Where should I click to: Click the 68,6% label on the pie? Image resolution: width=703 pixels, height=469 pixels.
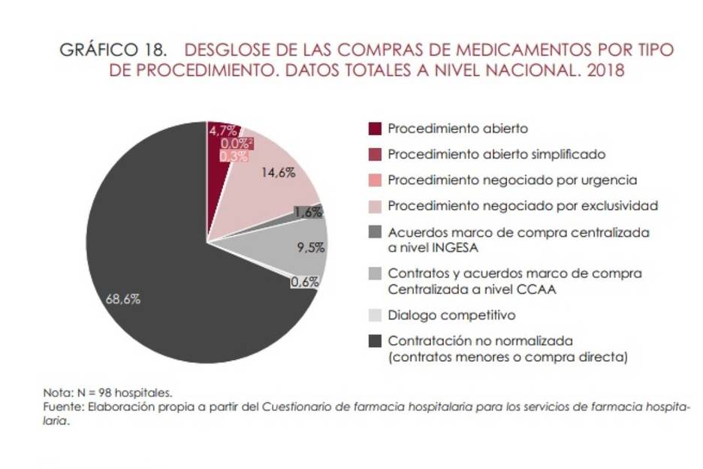tap(122, 298)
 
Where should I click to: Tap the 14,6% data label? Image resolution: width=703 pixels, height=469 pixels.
tap(278, 172)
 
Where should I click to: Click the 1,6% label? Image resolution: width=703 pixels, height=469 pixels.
tap(308, 213)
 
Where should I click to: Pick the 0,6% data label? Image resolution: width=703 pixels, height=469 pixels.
tap(305, 282)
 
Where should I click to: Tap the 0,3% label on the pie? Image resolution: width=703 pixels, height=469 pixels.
tap(235, 156)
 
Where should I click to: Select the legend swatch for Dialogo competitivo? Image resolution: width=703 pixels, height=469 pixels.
tap(376, 315)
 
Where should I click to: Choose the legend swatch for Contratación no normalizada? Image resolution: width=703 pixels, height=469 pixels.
tap(376, 340)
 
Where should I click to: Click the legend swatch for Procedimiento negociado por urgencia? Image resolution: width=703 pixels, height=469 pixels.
tap(376, 180)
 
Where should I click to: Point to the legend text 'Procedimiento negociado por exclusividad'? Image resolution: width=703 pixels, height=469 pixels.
tap(523, 204)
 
